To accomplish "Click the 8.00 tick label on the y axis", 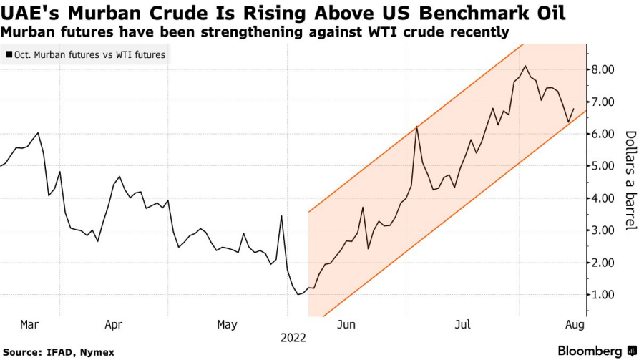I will tap(607, 70).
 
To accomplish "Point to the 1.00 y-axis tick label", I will tap(607, 295).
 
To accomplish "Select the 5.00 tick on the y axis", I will tap(607, 166).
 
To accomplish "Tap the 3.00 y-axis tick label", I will tap(607, 230).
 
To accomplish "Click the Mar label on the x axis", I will tap(29, 325).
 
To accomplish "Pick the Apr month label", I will tap(113, 325).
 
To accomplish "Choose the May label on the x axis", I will tap(227, 325).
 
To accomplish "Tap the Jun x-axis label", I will tap(346, 325).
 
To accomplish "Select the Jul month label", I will tap(462, 325).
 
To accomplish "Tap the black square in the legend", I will tap(7, 54).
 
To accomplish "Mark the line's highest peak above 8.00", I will tap(526, 66).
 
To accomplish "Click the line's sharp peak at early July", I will tap(416, 127).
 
